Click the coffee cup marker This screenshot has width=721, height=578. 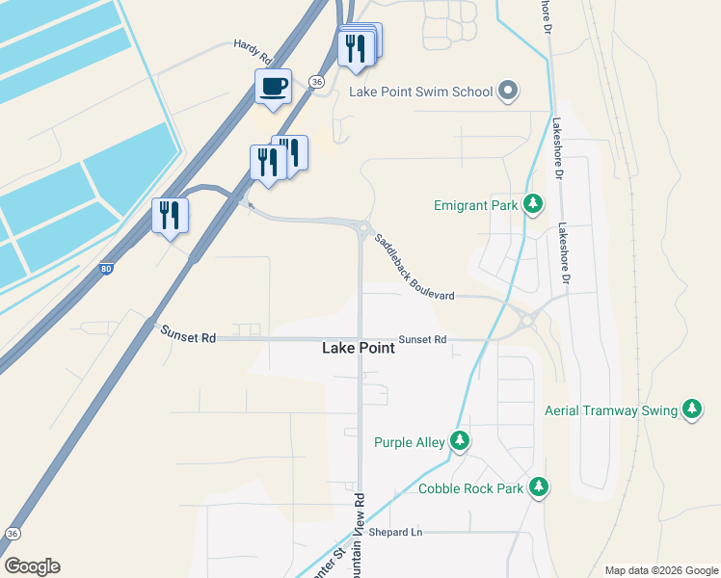[x=274, y=87]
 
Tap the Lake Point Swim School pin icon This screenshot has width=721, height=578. [x=509, y=92]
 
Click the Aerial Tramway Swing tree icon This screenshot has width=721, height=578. [x=692, y=410]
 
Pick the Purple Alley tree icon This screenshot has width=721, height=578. [x=461, y=442]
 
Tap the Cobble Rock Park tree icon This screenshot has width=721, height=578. [x=539, y=488]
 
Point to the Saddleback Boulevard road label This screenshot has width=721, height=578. [x=414, y=266]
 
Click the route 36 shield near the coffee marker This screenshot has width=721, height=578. [x=316, y=83]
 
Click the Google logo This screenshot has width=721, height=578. [x=32, y=566]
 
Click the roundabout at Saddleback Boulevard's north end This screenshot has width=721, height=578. [x=363, y=228]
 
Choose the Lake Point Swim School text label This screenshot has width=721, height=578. [x=420, y=92]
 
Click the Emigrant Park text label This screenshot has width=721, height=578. [x=476, y=204]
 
